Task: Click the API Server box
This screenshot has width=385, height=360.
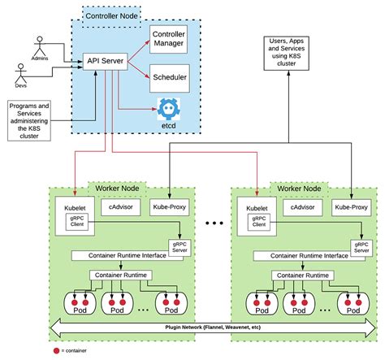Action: pos(106,59)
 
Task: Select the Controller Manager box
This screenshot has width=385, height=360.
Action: pos(168,37)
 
